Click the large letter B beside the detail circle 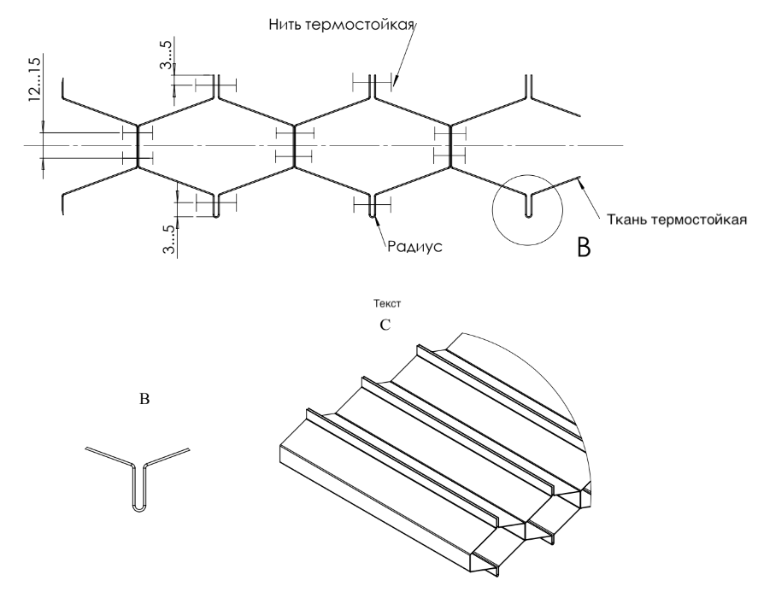(x=584, y=249)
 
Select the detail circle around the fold (x=527, y=208)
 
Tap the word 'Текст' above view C (x=386, y=303)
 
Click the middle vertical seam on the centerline (x=295, y=146)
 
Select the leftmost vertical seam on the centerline (x=138, y=146)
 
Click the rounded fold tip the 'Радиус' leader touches (x=372, y=214)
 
